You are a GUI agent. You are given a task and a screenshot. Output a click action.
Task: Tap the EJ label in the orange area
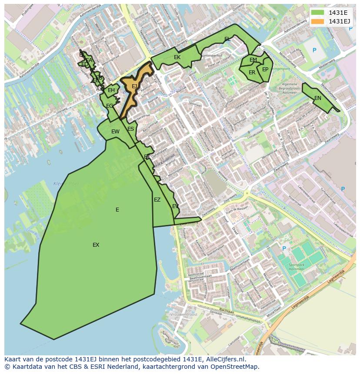[x=134, y=86]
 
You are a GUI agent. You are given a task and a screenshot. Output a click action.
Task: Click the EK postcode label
[x=177, y=57]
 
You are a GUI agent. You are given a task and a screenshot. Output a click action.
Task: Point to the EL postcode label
[x=227, y=39]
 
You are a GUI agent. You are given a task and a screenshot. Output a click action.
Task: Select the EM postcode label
[x=253, y=60]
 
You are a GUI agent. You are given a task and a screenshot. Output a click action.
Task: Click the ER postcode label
[x=252, y=73]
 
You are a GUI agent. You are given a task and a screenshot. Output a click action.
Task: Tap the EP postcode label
[x=265, y=69]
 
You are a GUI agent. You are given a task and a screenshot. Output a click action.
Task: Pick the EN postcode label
[x=318, y=98]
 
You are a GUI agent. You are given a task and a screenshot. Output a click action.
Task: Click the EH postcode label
[x=111, y=90]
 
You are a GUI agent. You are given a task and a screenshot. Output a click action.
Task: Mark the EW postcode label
[x=115, y=132]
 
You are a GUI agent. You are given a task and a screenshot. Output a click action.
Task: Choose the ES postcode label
[x=131, y=129]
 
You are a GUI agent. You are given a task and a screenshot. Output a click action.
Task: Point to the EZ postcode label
[x=157, y=200]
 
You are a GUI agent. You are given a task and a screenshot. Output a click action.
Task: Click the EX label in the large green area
[x=96, y=245]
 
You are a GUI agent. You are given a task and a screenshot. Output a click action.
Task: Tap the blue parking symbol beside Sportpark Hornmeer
[x=284, y=248]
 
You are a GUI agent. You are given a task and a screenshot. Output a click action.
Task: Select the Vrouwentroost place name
[x=184, y=314]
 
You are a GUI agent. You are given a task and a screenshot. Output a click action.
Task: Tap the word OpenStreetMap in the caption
[x=235, y=367]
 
